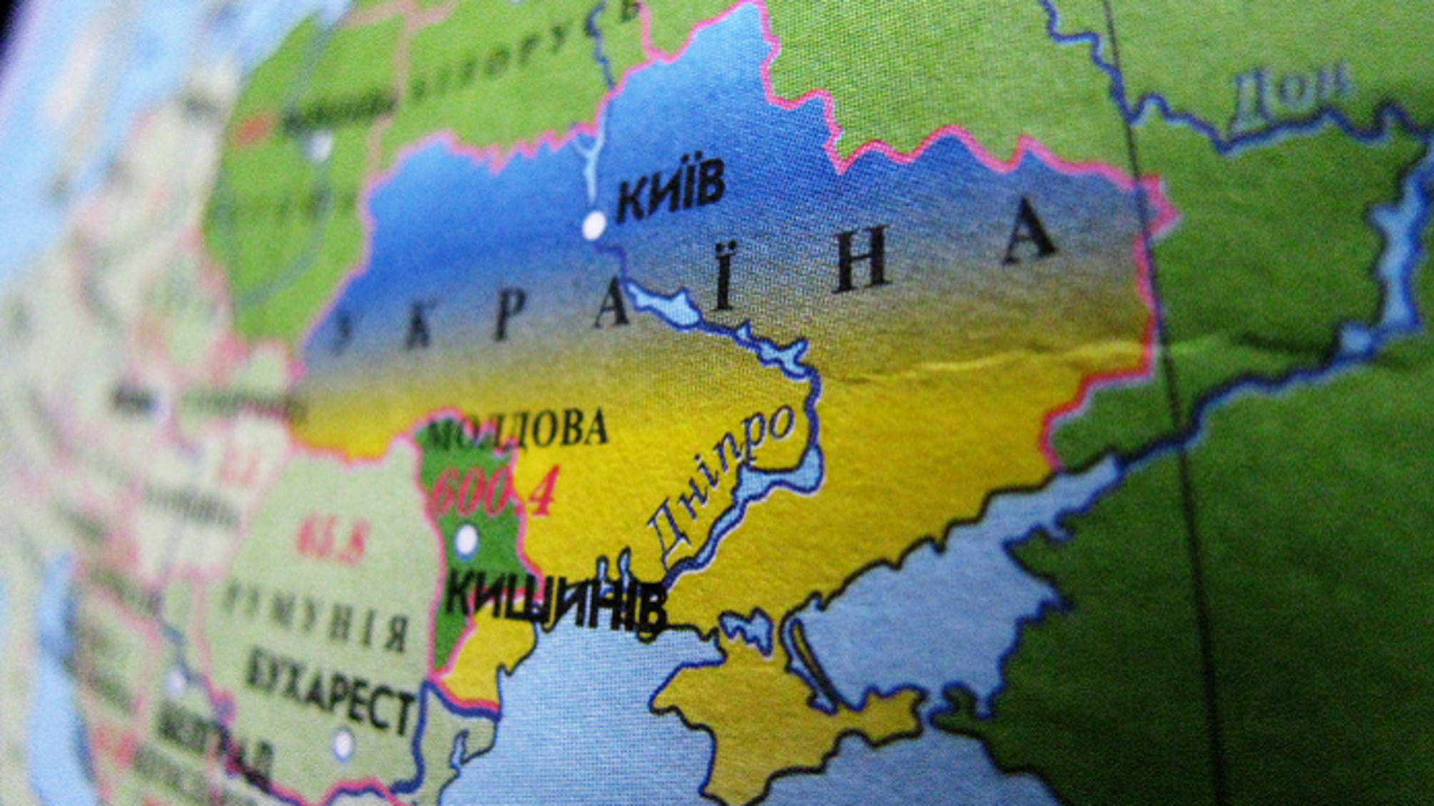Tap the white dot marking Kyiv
594,226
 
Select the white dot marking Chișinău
467,540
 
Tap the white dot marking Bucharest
344,744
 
